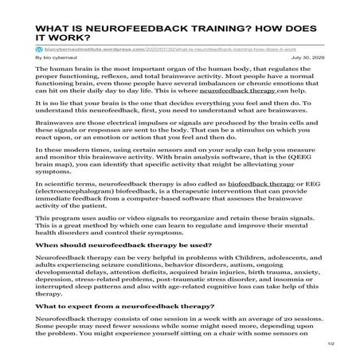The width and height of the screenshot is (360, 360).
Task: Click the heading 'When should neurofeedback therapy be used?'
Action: point(112,246)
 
